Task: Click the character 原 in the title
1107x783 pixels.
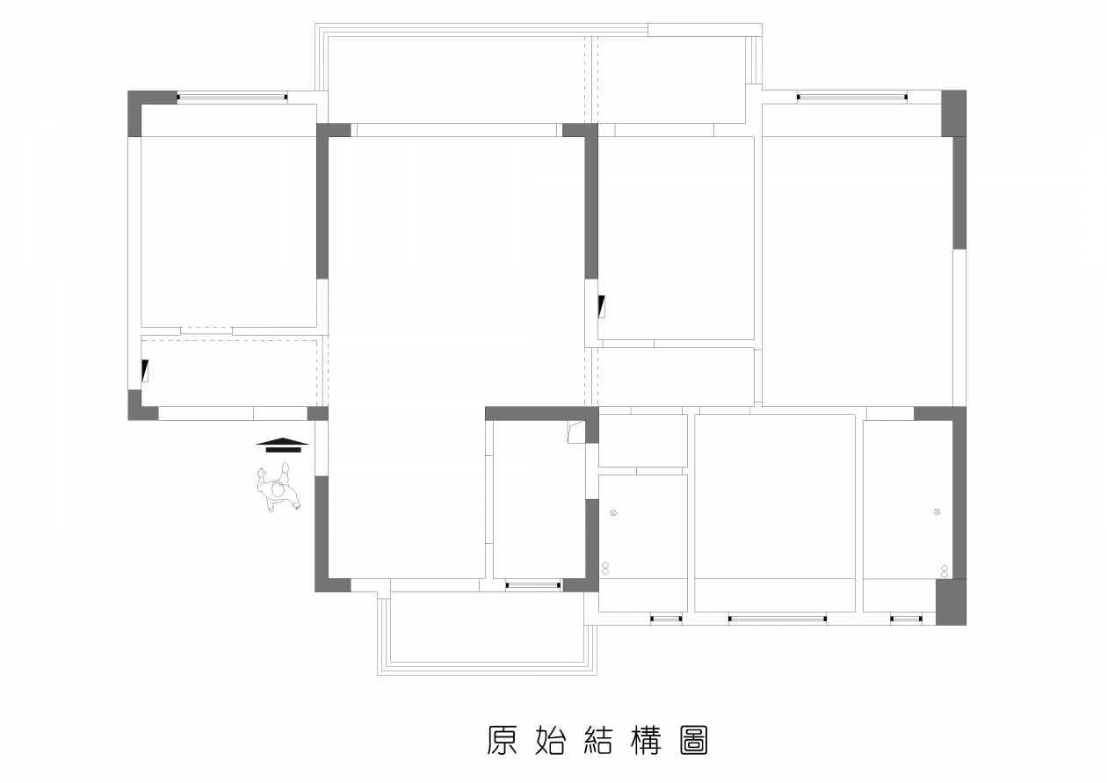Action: coord(503,740)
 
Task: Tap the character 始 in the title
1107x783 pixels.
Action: coord(550,740)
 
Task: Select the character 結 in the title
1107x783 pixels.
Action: coord(598,740)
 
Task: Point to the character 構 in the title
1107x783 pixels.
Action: coord(647,740)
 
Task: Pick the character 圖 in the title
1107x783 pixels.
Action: coord(694,740)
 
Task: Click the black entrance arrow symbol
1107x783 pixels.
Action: coord(282,445)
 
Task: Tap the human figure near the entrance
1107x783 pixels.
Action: coord(279,488)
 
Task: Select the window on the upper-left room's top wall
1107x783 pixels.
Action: coord(232,97)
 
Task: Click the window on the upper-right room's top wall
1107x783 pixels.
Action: coord(852,97)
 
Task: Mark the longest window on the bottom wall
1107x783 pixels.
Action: coord(777,619)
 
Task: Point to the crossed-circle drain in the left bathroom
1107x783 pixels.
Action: coord(613,512)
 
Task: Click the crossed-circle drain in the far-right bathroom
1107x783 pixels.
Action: coord(937,511)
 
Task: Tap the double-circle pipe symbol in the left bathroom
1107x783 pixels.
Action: coord(604,569)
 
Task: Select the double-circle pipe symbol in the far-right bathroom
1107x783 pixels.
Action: coord(944,571)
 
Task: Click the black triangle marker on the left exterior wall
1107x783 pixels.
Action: coord(144,370)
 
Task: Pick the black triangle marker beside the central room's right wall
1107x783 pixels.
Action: coord(602,307)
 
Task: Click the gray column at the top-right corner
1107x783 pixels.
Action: coord(953,113)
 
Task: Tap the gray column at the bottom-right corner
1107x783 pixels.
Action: coord(951,602)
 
